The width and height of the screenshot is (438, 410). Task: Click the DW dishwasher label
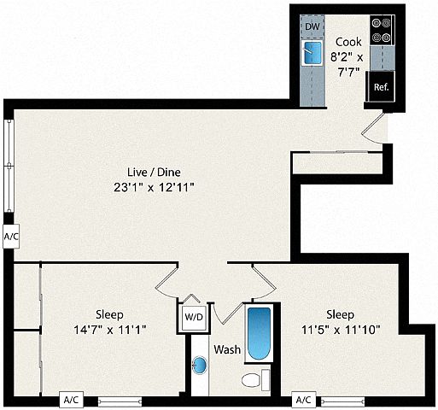tap(312, 26)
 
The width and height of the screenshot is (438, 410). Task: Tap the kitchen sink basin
tap(312, 53)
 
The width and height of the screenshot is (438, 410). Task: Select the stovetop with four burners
tap(382, 30)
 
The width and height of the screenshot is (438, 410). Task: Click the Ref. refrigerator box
tap(381, 86)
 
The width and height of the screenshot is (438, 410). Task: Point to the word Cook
tap(348, 42)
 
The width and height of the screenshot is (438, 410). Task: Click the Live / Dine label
tap(154, 173)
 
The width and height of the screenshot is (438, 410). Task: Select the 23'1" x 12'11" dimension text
tap(154, 188)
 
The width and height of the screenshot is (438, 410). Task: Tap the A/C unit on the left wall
tap(11, 237)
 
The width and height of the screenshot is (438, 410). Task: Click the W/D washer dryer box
tap(194, 317)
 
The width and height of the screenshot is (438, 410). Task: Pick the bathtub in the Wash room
tap(259, 334)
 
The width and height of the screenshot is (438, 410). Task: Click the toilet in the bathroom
tap(255, 380)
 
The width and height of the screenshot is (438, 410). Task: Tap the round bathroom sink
tap(200, 365)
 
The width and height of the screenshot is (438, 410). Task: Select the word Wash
tap(227, 349)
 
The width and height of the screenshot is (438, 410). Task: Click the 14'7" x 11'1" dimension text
tap(110, 330)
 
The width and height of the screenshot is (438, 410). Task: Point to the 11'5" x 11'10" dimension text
tap(341, 330)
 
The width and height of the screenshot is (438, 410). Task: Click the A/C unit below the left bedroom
tap(71, 400)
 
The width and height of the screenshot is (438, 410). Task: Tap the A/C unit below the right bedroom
tap(304, 400)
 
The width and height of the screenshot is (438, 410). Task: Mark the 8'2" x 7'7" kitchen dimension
tap(347, 65)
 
